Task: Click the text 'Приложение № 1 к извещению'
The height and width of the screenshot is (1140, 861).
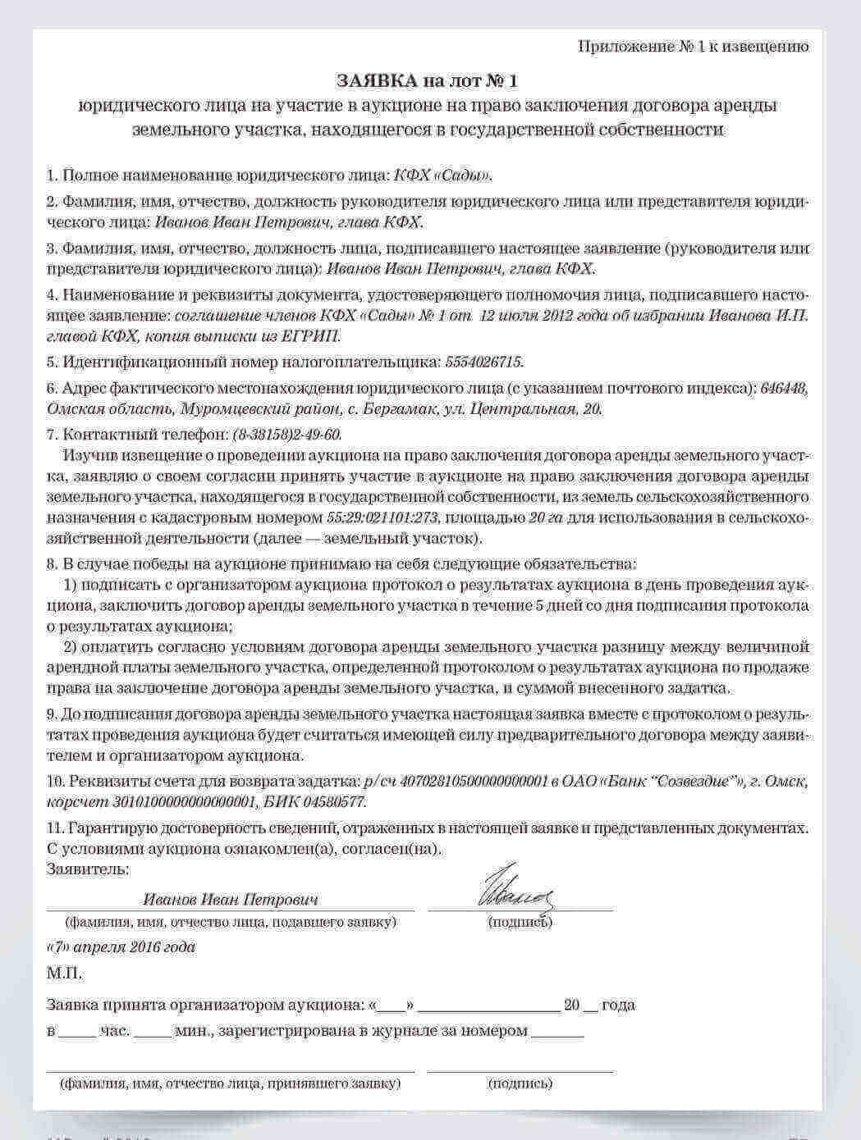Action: [694, 47]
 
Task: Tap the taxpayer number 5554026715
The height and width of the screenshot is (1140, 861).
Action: [483, 362]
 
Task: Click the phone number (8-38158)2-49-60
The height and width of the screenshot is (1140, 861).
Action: [286, 435]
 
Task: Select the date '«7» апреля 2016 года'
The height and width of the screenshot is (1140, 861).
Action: [121, 947]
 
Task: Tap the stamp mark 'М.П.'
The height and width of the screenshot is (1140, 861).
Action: [65, 974]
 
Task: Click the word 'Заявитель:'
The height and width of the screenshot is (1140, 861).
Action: [88, 869]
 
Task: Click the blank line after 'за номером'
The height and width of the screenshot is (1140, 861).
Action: [557, 1032]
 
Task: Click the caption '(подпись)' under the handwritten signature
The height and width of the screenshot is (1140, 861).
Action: [520, 923]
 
